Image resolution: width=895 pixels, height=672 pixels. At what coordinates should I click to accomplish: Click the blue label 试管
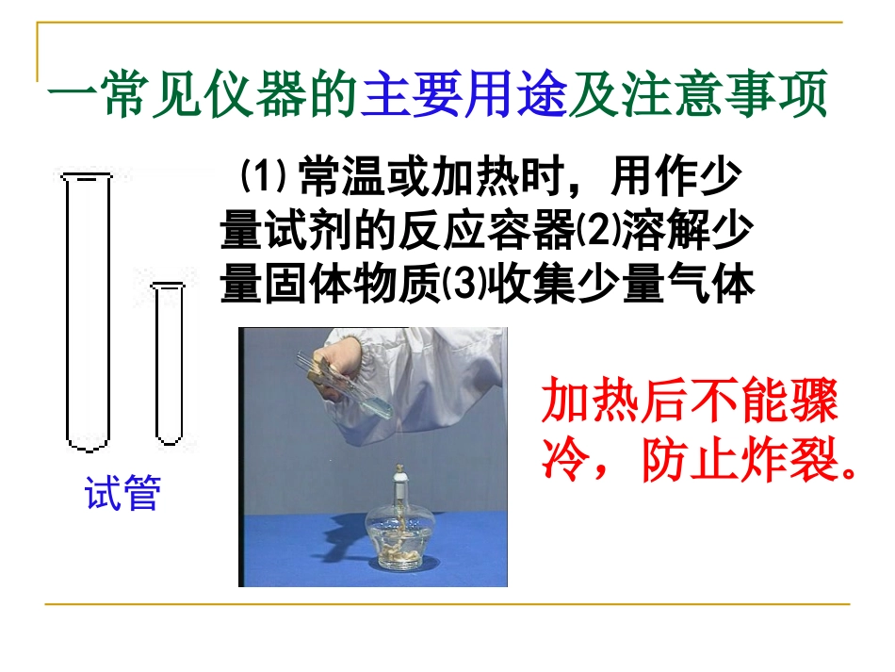(122, 493)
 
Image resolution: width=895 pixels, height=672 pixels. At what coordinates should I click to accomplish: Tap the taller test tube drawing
(87, 311)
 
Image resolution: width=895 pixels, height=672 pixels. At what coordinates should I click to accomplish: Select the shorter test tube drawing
(169, 363)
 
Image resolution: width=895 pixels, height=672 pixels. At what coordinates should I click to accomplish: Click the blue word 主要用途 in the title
(464, 96)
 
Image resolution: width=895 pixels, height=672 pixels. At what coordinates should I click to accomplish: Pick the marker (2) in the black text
(592, 230)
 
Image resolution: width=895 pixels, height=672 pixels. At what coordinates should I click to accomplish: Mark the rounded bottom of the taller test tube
(87, 441)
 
